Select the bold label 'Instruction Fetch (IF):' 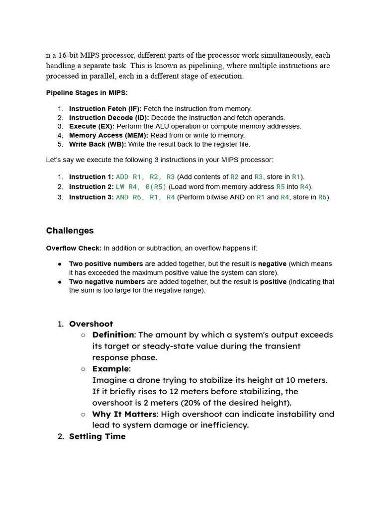tap(105, 109)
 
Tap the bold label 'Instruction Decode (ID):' tap(109, 118)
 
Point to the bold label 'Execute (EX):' tap(92, 126)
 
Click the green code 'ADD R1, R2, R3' tap(145, 177)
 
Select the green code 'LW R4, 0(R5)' tap(141, 187)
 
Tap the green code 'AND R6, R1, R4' tap(145, 197)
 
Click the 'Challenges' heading tap(70, 231)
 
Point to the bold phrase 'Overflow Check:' tap(74, 249)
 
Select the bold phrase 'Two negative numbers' tap(107, 282)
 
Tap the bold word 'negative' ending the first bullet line tap(272, 264)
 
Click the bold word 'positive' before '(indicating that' tap(273, 282)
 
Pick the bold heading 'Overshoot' tap(91, 324)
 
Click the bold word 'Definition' tap(113, 335)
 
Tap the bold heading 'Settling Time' tap(97, 436)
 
